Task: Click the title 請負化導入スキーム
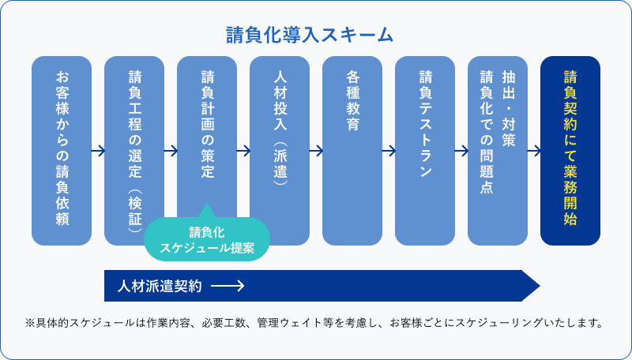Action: (x=310, y=36)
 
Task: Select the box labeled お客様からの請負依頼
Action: (x=62, y=150)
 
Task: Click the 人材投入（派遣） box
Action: (x=280, y=150)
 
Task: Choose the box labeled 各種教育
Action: (x=352, y=150)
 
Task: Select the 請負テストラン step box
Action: (x=425, y=150)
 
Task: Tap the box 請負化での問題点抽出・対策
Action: (x=498, y=150)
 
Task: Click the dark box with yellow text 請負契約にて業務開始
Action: (x=570, y=150)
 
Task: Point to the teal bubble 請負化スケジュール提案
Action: (x=207, y=239)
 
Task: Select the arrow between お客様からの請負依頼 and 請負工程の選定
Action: (x=98, y=150)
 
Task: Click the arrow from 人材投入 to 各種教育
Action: (x=316, y=150)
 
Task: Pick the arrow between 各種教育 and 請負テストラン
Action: (x=389, y=150)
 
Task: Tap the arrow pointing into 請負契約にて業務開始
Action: (x=534, y=150)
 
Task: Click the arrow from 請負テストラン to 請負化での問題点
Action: (x=461, y=150)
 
